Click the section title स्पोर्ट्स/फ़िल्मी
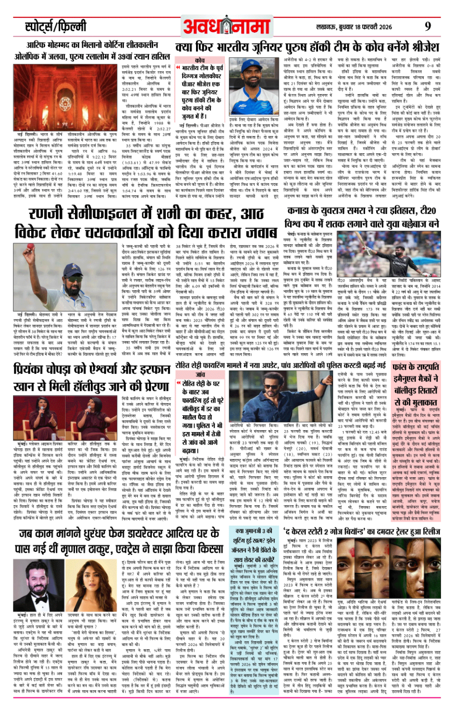56,26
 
